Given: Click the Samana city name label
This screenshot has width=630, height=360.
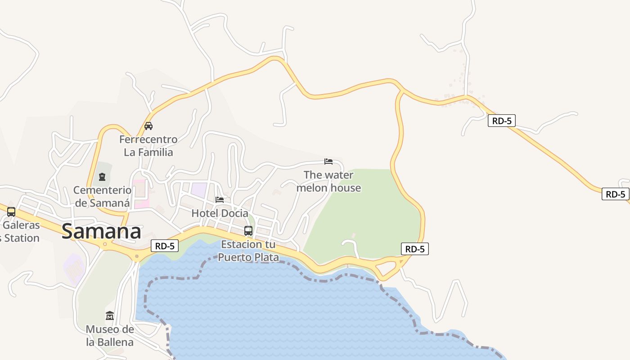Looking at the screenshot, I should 101,232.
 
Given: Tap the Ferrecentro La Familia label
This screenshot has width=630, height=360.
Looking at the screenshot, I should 148,146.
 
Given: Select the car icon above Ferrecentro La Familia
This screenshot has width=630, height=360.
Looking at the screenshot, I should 148,126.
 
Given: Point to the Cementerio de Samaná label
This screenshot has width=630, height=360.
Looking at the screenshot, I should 103,197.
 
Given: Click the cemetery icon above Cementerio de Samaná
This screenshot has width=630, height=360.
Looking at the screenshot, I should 102,177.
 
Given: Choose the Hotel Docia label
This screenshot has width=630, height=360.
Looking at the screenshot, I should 220,213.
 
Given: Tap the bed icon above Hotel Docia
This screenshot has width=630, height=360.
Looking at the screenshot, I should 220,199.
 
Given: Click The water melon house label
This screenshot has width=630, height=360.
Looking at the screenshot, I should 328,181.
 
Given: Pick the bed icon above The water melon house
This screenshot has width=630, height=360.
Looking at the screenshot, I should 328,162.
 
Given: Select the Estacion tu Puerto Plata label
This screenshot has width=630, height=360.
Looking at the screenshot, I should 248,251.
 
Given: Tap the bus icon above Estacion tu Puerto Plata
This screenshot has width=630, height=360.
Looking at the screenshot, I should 248,231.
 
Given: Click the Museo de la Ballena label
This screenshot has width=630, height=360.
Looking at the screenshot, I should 110,336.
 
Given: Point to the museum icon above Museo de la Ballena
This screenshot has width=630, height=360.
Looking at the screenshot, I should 110,316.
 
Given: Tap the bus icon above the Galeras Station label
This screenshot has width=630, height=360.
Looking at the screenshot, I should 11,211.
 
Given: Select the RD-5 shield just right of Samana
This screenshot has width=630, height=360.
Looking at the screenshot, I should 165,246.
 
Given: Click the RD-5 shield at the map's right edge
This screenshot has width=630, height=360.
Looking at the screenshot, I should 615,194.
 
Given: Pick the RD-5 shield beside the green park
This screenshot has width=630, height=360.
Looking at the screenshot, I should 414,249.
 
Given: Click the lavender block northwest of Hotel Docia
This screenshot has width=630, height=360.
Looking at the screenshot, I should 199,189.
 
